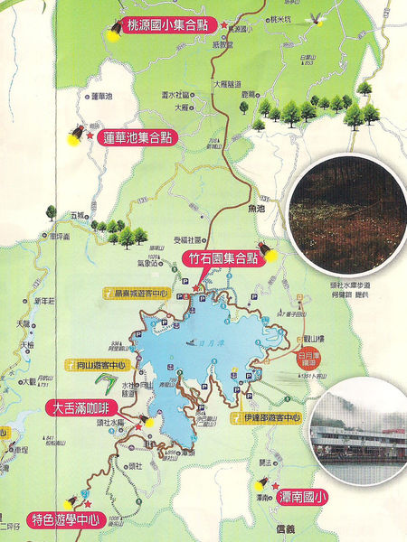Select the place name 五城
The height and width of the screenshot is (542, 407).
click(76, 215)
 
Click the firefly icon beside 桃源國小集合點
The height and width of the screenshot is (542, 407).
click(116, 29)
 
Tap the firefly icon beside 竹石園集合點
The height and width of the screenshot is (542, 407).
click(270, 248)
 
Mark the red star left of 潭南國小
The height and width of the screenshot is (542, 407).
click(274, 486)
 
